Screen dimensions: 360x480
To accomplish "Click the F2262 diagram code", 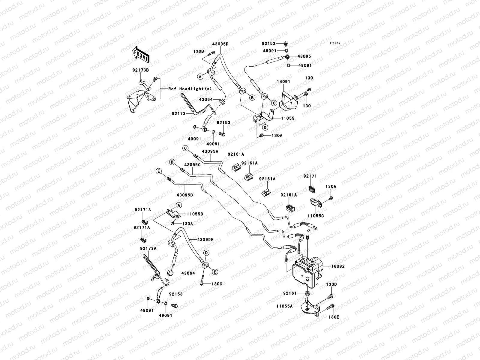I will tap(335, 43).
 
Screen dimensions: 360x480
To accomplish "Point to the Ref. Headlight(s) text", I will tap(186, 89).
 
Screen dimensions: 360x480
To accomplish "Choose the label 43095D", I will tap(220, 44).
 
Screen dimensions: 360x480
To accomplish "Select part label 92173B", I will tap(141, 70).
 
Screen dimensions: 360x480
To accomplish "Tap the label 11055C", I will tap(316, 216).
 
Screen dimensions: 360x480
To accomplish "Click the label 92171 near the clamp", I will tap(310, 176).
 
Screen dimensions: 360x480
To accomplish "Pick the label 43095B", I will tap(185, 195).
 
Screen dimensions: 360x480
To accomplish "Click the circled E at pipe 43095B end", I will tap(159, 171).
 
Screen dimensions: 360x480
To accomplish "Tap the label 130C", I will tap(217, 284).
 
